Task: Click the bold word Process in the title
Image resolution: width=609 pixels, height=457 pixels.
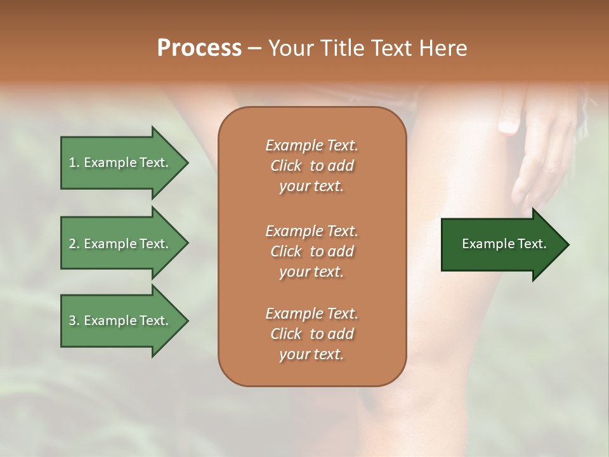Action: click(199, 48)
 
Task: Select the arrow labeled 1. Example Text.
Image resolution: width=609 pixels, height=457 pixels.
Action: click(121, 162)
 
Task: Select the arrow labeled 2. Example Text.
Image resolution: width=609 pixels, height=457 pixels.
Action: click(121, 244)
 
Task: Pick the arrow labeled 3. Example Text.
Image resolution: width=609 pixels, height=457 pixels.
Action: click(121, 321)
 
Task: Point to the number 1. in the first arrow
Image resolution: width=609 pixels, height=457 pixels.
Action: click(74, 162)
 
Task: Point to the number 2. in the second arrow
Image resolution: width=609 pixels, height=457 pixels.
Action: click(74, 244)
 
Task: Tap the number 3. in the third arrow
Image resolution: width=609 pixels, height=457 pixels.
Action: click(74, 321)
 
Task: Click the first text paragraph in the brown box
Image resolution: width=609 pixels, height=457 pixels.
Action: click(311, 166)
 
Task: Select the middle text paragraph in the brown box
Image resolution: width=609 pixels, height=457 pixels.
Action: click(311, 251)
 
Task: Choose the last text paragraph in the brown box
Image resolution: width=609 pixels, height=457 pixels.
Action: click(311, 334)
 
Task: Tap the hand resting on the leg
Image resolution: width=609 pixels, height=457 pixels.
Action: click(539, 159)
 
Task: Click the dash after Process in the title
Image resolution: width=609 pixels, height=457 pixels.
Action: click(254, 49)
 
